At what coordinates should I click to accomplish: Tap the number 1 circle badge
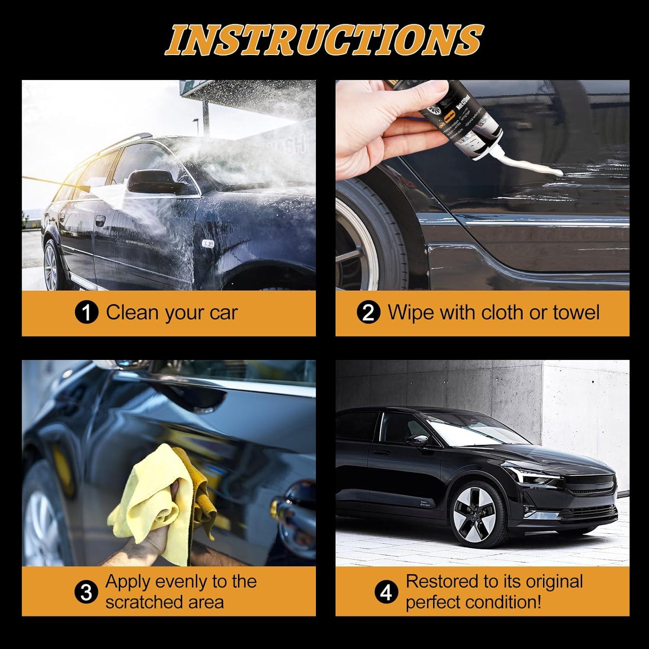[x=87, y=313]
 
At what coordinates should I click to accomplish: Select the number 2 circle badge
[x=368, y=313]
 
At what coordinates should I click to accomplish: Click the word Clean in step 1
[x=129, y=312]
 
